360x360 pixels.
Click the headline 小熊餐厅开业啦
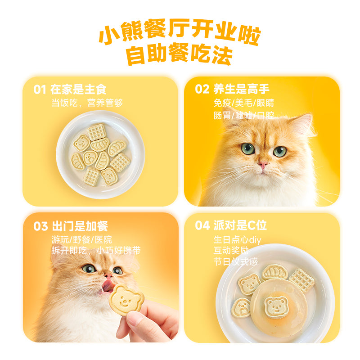tap(180, 34)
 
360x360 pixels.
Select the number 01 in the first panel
tap(40, 90)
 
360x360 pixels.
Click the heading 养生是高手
tap(241, 89)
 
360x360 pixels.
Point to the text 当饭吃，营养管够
tap(87, 103)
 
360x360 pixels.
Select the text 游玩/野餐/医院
tap(81, 239)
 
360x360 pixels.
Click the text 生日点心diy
tap(237, 240)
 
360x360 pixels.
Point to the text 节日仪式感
tap(236, 261)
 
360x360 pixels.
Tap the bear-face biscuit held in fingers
tap(126, 298)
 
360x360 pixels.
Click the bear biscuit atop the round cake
tap(276, 306)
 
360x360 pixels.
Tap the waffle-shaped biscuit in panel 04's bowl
tap(301, 280)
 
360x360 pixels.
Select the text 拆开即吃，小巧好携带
tap(96, 251)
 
